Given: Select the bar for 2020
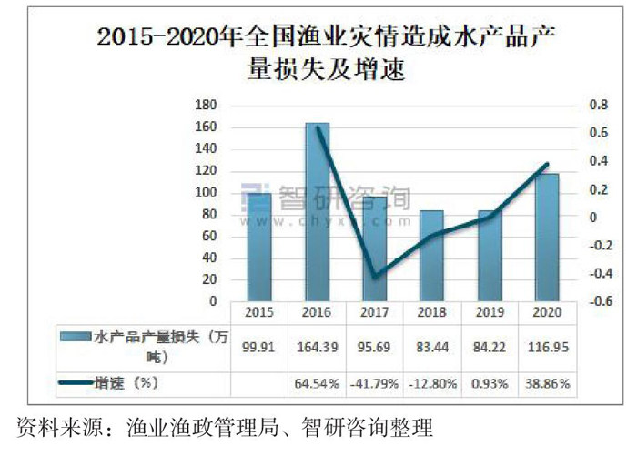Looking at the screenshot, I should click(x=547, y=237).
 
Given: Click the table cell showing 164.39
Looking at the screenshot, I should click(x=318, y=347).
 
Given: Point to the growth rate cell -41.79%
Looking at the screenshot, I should click(x=375, y=383).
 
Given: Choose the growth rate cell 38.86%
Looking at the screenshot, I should click(x=547, y=383).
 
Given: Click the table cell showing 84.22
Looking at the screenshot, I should click(x=490, y=347).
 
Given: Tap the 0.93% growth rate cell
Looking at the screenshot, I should click(x=490, y=383).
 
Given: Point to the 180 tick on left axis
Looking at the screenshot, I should click(x=206, y=106).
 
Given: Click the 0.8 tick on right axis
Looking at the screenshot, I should click(x=597, y=106).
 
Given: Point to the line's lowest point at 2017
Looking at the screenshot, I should click(x=375, y=276).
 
